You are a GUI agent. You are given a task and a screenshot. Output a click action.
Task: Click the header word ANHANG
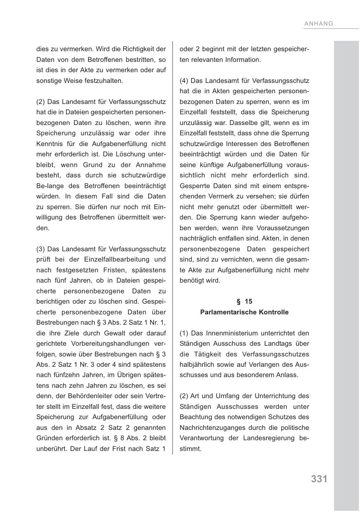(318, 24)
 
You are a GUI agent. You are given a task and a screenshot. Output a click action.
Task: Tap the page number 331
(319, 479)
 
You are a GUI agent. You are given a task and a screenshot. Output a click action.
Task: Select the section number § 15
(244, 302)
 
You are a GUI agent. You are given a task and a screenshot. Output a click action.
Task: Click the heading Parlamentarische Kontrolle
(244, 312)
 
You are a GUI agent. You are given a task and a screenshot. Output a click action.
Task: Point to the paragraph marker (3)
(41, 249)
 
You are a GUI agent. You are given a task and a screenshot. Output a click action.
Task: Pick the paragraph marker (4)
(184, 80)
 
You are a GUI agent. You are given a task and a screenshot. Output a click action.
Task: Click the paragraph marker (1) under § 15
(184, 333)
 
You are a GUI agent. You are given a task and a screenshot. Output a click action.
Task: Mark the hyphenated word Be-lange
(51, 186)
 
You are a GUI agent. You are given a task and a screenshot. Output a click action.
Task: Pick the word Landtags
(274, 344)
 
